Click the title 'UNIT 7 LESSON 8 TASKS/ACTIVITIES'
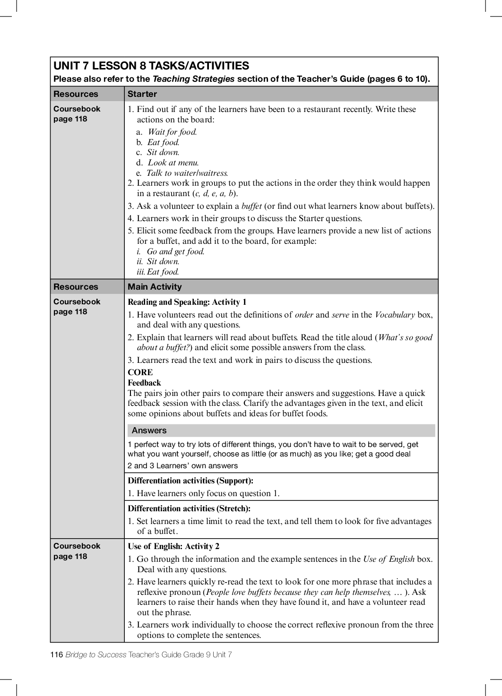click(151, 66)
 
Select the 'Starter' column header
click(142, 94)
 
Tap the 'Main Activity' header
click(155, 287)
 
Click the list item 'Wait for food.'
click(172, 132)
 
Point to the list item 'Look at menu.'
click(173, 163)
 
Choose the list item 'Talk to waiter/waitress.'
click(187, 173)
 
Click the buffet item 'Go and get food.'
click(175, 251)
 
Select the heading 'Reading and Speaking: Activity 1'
click(187, 302)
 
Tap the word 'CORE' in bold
click(140, 372)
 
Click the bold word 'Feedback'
click(144, 383)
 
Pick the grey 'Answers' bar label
click(149, 430)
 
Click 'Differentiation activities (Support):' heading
click(190, 481)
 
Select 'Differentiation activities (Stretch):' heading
click(189, 508)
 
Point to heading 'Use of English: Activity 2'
click(173, 546)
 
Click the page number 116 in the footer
click(56, 654)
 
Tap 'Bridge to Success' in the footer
click(96, 654)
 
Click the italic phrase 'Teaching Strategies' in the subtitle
click(193, 79)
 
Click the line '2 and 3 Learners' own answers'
click(182, 465)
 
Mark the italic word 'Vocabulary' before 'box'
click(395, 315)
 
